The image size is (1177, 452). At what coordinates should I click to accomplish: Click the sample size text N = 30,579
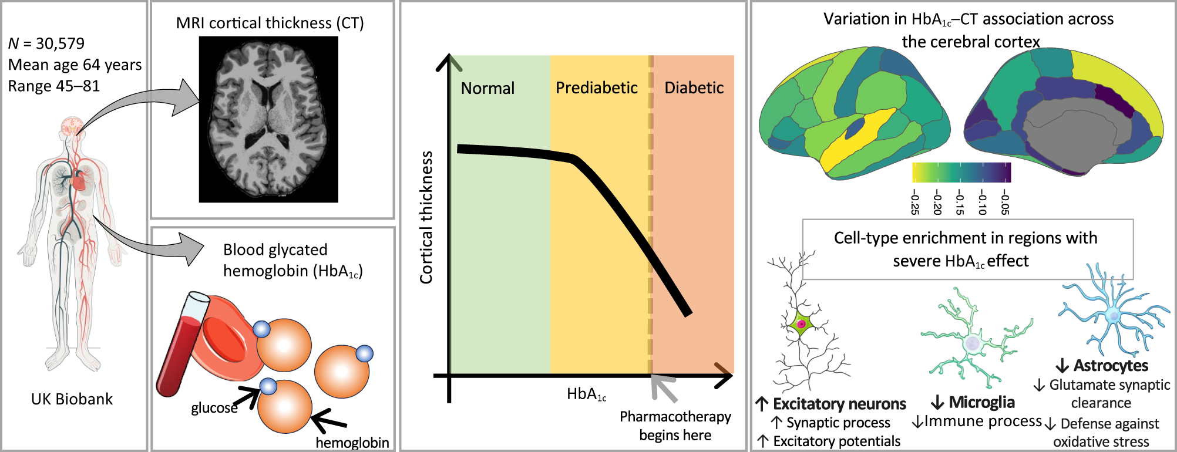pos(46,43)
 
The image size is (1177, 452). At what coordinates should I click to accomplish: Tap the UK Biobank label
pos(72,399)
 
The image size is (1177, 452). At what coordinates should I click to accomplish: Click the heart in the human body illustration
pos(79,183)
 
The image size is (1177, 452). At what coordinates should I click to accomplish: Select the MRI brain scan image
pos(268,119)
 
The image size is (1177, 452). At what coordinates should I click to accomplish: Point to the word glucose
pos(214,408)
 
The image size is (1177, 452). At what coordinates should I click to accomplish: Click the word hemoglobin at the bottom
pos(352,442)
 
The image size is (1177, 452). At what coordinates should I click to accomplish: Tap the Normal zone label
pos(487,88)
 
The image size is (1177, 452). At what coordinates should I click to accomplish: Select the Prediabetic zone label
pos(596,88)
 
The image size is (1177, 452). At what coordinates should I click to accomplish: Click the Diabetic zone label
pos(694,88)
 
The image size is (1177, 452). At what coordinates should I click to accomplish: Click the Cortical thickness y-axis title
pos(426,217)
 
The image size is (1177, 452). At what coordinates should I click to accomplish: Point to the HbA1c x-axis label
pos(586,394)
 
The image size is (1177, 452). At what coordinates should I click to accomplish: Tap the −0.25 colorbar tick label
pos(914,201)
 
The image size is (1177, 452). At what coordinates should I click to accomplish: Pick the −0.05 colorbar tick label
pos(1005,201)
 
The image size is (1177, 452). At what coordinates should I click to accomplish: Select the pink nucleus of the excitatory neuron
pos(801,323)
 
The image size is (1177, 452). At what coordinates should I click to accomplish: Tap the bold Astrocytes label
pos(1110,366)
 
